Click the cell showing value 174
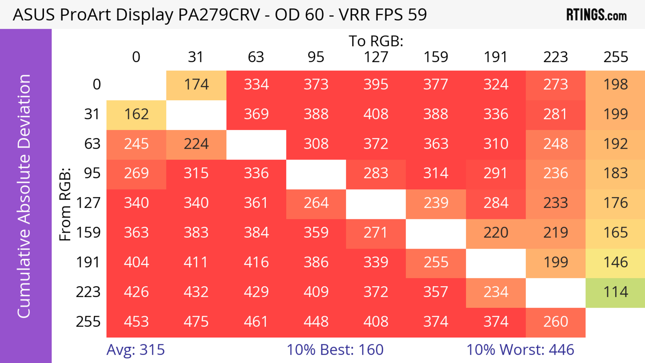point(196,85)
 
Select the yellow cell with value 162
point(136,114)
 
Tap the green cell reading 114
point(615,292)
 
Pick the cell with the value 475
point(196,322)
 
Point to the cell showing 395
point(376,85)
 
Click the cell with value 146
point(615,263)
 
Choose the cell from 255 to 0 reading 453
point(136,322)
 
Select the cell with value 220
point(496,233)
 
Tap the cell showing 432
point(196,292)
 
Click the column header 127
point(376,57)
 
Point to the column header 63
point(256,57)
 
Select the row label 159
point(88,233)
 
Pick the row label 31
point(92,114)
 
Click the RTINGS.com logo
point(596,15)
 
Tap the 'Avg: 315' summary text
point(135,350)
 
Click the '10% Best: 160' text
point(335,350)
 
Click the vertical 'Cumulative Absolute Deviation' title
point(24,197)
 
